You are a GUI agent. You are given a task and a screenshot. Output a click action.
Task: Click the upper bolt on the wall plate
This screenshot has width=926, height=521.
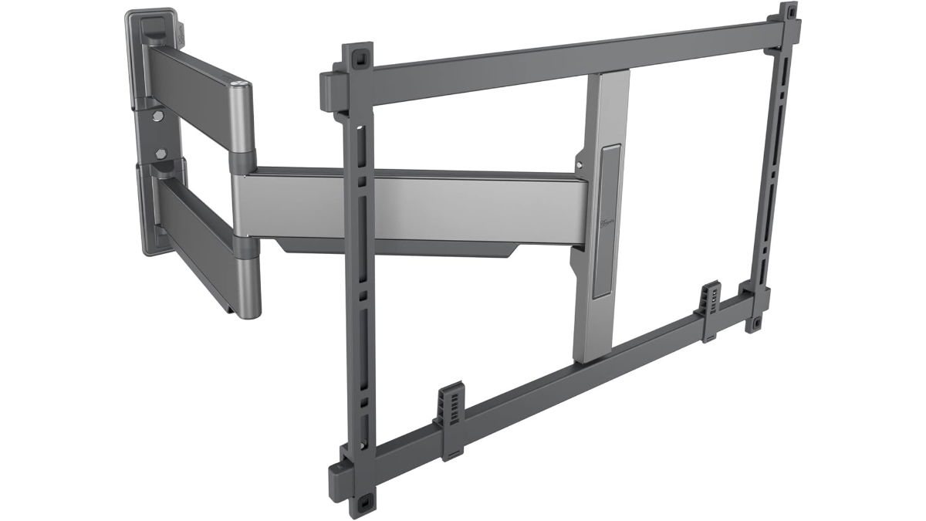click(159, 117)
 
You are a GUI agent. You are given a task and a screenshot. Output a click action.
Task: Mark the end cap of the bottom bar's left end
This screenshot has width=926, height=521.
click(337, 475)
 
